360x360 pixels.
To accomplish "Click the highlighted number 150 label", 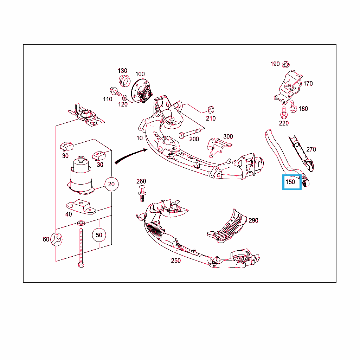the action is (290, 182).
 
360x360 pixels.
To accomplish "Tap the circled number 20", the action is (111, 184).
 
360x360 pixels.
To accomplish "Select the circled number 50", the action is (99, 235).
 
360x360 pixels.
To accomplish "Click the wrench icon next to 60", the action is (56, 239).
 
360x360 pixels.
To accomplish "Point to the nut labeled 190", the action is (285, 64).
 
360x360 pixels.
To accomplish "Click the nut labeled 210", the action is (211, 110).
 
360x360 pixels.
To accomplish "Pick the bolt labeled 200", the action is (189, 133).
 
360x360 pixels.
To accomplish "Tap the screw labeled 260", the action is (142, 194).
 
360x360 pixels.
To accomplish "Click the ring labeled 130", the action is (125, 81).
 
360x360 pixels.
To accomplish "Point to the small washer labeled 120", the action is (125, 98).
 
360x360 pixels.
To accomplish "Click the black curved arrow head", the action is (146, 150).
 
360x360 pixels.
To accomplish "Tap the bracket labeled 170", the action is (288, 87).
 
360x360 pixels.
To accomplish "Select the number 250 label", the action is (176, 261).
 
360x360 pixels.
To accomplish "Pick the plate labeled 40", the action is (81, 207).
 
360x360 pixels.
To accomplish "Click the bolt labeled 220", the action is (284, 112).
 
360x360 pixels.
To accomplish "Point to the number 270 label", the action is (311, 149).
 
